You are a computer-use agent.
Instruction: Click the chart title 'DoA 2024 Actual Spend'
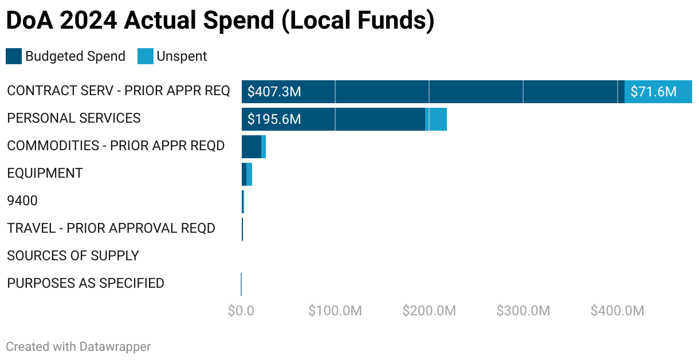tap(219, 21)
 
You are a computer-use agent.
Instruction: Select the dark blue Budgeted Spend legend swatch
tap(14, 56)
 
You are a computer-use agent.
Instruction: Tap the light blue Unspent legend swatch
tap(146, 56)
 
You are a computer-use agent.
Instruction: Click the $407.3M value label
tap(274, 92)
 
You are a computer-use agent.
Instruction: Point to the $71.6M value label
tap(653, 92)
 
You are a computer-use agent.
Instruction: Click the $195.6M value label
tap(274, 119)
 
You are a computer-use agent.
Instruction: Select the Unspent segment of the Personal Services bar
tap(437, 119)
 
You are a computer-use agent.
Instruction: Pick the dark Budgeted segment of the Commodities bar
tap(251, 147)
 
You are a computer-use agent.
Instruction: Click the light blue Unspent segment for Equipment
tap(249, 174)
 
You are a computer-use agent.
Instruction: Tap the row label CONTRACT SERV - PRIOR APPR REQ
tap(118, 91)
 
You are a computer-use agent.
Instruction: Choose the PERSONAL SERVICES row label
tap(74, 118)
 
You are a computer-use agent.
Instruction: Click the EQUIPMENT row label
tap(45, 173)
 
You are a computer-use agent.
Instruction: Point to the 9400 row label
tap(22, 201)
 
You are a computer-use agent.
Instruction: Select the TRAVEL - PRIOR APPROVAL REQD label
tap(111, 228)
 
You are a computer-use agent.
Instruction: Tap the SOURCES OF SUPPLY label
tap(73, 256)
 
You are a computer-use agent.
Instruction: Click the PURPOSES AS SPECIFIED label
tap(85, 283)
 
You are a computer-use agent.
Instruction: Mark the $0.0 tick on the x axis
tap(241, 311)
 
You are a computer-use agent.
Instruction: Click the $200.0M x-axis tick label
tap(429, 311)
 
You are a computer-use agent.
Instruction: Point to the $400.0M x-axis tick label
tap(617, 311)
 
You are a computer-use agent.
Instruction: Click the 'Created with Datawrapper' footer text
tap(78, 347)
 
